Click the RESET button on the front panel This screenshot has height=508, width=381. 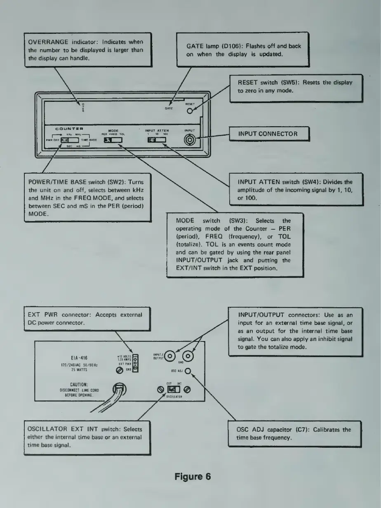point(190,111)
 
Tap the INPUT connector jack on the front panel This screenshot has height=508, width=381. point(190,140)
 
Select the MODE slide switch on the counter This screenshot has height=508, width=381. point(113,141)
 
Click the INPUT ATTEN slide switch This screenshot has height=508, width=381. point(157,141)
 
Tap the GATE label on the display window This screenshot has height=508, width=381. point(168,108)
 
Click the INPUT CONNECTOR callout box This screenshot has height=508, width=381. point(268,134)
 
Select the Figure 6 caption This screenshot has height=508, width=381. point(193,477)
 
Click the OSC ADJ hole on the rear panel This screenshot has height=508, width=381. point(188,370)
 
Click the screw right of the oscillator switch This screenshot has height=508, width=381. point(188,390)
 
